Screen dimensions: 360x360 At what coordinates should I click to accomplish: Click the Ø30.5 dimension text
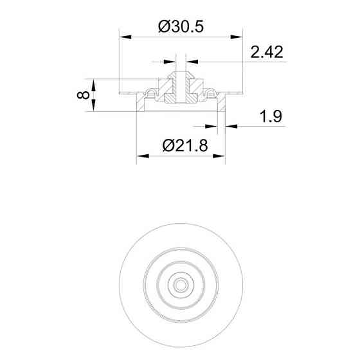click(181, 26)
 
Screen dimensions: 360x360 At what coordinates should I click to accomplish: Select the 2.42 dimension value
click(267, 52)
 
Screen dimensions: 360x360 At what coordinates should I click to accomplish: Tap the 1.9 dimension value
click(271, 116)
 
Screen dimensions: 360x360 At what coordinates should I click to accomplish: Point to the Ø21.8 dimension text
click(185, 145)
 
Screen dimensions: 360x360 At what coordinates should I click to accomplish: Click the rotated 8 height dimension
click(83, 95)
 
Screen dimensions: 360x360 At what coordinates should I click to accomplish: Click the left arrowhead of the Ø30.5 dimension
click(125, 37)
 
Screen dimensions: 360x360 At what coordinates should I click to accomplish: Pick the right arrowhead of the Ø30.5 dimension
click(237, 37)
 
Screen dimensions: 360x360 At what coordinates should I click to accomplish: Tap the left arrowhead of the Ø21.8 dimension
click(143, 156)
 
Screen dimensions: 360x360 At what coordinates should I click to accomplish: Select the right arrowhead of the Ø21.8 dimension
click(219, 156)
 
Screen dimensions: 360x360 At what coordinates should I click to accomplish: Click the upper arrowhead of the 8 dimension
click(93, 85)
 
